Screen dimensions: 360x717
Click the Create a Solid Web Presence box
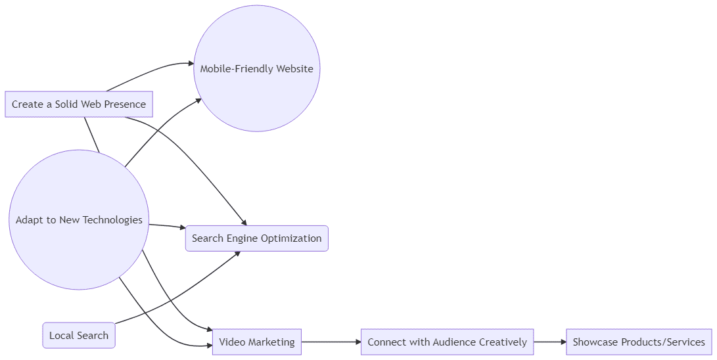(x=79, y=104)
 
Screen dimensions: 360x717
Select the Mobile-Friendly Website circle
(x=256, y=69)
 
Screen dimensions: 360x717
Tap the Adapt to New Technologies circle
(x=79, y=220)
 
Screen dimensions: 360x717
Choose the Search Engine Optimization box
(x=256, y=238)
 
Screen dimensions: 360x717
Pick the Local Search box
(x=79, y=336)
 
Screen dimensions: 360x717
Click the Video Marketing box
(x=256, y=342)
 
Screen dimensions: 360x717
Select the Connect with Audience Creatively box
(x=447, y=342)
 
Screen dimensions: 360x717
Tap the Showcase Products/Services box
(x=639, y=342)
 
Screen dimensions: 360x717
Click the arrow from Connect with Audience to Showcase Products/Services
(x=549, y=342)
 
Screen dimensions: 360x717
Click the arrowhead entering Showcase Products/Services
(x=563, y=342)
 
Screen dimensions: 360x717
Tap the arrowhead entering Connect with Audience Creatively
(x=358, y=342)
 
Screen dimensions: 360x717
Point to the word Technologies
(x=110, y=220)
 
